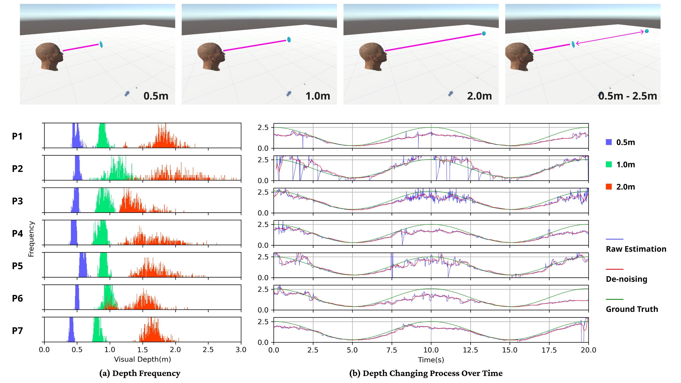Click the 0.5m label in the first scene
[156, 96]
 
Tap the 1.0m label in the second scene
[317, 96]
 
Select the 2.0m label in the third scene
[479, 96]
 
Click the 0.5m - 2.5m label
[627, 96]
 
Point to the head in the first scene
[50, 57]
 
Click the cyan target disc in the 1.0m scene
[289, 40]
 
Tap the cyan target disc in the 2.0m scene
[484, 34]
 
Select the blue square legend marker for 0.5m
[609, 142]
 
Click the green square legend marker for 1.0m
[609, 164]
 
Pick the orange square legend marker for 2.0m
[609, 187]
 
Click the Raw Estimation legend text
[636, 249]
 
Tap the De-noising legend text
[626, 279]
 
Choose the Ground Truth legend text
[632, 309]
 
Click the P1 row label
[17, 137]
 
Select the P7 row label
[17, 331]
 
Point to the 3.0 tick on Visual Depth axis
[241, 350]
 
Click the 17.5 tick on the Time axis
[549, 350]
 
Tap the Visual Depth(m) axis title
[142, 360]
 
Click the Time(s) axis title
[431, 360]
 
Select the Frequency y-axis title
[31, 239]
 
